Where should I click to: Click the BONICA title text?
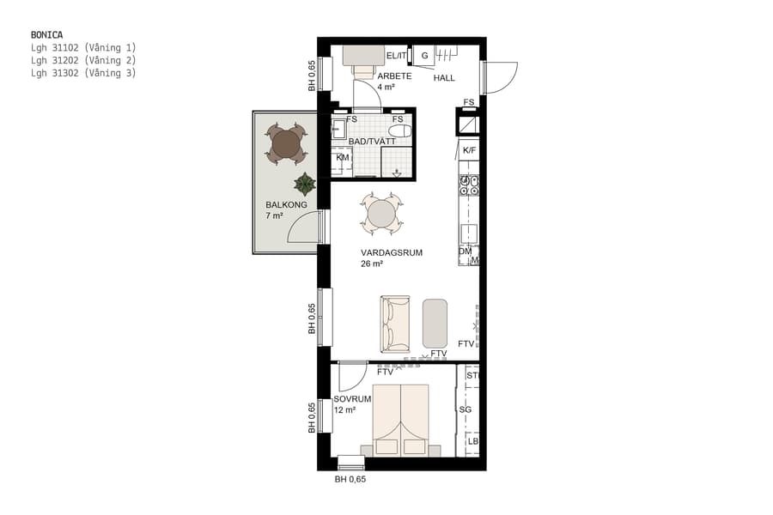46,35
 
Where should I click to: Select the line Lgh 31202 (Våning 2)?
83,61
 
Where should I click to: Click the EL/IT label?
396,57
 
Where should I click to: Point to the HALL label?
444,78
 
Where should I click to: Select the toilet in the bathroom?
400,131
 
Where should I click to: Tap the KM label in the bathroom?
342,158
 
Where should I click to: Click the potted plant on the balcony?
304,184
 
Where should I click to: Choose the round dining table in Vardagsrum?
381,212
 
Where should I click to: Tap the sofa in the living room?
396,324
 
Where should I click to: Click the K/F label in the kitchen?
469,151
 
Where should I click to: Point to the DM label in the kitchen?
465,251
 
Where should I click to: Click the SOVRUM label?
352,399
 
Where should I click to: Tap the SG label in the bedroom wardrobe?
466,410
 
